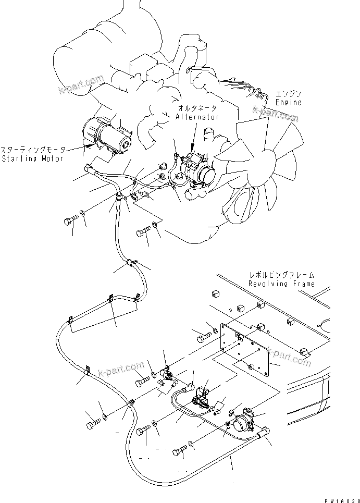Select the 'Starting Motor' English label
coord(32,158)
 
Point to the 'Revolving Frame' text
coord(281,284)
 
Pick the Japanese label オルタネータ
coord(198,108)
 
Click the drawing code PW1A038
coord(341,499)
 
